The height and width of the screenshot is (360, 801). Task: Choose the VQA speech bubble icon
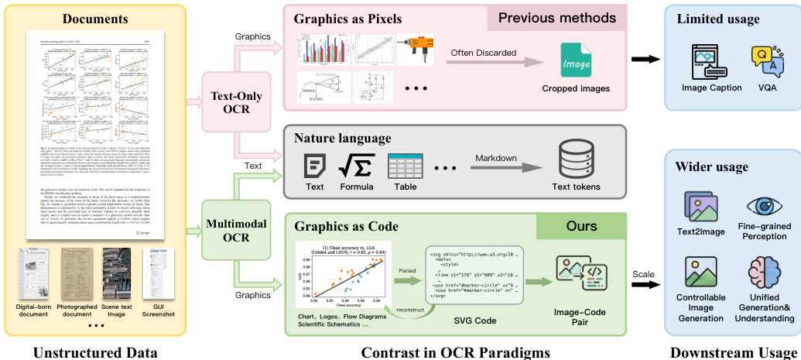[764, 61]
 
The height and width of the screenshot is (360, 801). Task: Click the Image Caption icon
[710, 61]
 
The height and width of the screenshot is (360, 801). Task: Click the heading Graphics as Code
[346, 227]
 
